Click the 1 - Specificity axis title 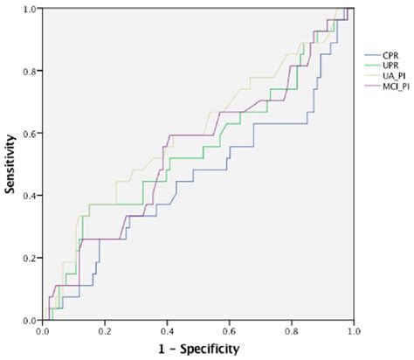197,350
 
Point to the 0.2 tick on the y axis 29,259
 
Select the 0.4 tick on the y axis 29,196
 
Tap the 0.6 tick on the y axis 29,134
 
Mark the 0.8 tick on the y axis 29,71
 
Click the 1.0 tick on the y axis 29,9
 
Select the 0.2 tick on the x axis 105,332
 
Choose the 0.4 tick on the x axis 167,332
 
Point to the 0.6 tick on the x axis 229,332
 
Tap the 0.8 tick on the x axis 291,332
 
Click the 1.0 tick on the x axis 353,332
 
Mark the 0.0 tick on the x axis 43,332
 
